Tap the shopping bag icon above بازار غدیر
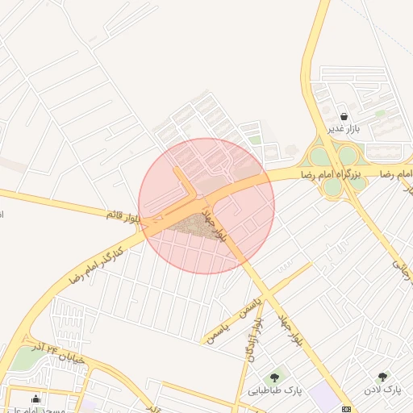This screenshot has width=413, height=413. tap(344, 116)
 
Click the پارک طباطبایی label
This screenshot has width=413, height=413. tap(275, 390)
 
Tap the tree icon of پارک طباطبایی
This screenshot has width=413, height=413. tap(276, 377)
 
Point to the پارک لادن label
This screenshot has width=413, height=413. tap(382, 390)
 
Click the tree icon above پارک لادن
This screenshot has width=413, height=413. tap(382, 377)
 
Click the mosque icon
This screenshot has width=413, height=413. tap(35, 398)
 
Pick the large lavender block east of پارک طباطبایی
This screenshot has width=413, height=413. tap(324, 395)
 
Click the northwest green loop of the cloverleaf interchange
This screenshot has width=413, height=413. tap(320, 156)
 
